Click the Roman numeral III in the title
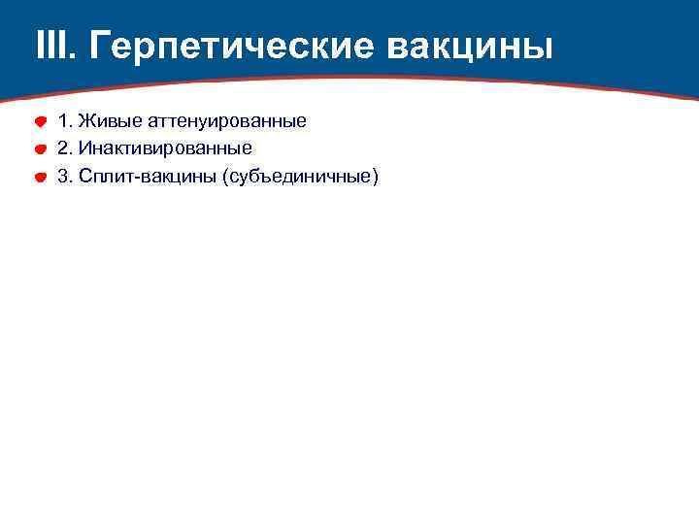[51, 45]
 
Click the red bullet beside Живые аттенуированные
[42, 122]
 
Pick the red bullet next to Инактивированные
[42, 149]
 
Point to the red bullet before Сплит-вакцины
[42, 178]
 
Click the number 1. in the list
[65, 121]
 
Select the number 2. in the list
[65, 148]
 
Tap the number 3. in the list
[65, 177]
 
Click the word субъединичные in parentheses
[300, 177]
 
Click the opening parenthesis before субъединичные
[226, 177]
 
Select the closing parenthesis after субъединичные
[375, 177]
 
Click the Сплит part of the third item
[104, 177]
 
